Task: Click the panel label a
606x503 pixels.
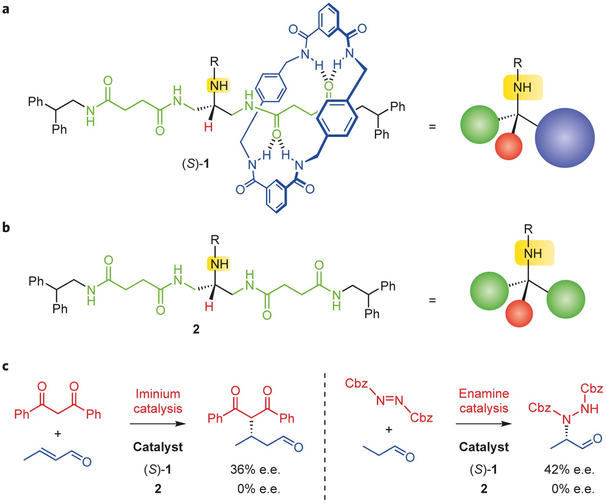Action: (x=6, y=9)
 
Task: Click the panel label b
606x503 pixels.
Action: (x=6, y=227)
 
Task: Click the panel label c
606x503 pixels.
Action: (x=5, y=366)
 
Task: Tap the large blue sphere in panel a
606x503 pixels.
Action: (x=564, y=138)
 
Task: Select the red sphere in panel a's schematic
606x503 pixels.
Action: (x=509, y=146)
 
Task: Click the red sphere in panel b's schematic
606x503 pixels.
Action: (x=520, y=313)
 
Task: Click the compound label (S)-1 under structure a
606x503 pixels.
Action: (x=196, y=164)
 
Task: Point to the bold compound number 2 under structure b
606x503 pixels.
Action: (x=196, y=329)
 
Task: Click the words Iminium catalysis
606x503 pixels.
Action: (x=158, y=401)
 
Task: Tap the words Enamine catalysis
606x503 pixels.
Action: (x=484, y=400)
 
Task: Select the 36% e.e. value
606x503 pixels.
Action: (x=255, y=470)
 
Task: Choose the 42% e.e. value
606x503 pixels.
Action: (x=569, y=470)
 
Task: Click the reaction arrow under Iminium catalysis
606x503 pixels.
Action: (x=158, y=424)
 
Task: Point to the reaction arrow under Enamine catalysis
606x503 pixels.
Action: (x=484, y=424)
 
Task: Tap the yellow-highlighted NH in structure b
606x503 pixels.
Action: (x=219, y=264)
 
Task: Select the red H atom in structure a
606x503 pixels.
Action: (x=209, y=127)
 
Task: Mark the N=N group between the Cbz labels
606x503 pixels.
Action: (x=390, y=400)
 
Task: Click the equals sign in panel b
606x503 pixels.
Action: (x=432, y=300)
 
